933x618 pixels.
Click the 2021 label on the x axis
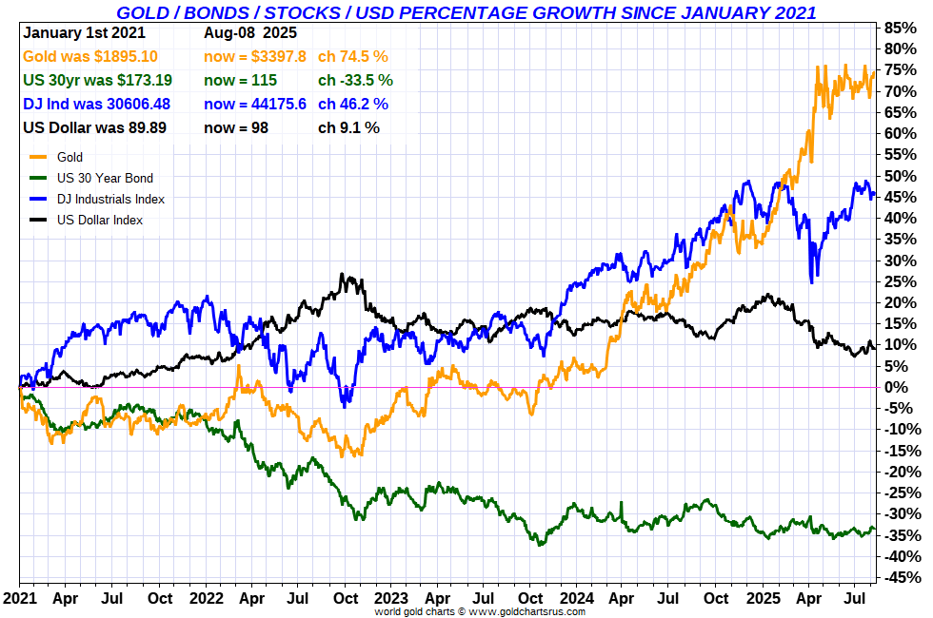20,598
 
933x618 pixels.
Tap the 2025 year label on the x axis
763,598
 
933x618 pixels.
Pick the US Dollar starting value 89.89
146,127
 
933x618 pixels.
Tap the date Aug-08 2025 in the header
250,32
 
